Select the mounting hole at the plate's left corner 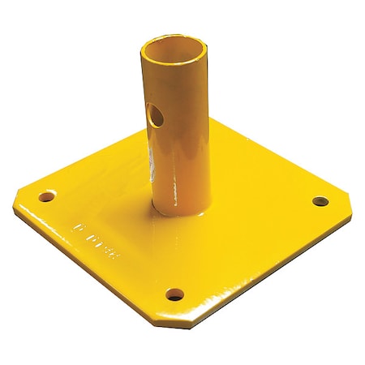49,196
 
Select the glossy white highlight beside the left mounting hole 36,203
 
